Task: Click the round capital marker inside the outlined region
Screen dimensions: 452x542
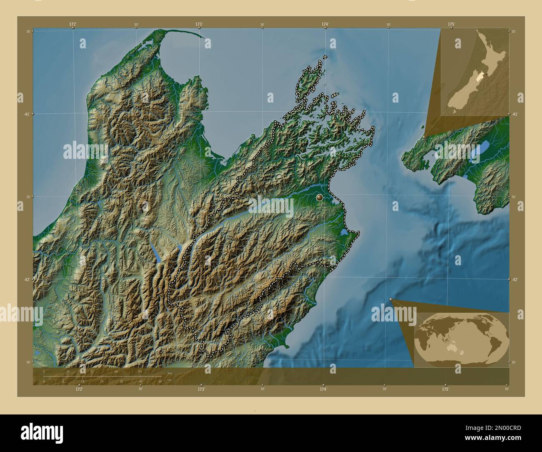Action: (x=320, y=197)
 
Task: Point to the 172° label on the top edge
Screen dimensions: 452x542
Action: (x=73, y=25)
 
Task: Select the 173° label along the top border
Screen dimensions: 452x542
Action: (x=199, y=25)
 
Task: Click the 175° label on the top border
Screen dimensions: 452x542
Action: (x=451, y=25)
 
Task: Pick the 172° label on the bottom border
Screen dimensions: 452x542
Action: (x=79, y=389)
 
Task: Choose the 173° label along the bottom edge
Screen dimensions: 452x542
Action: (x=201, y=389)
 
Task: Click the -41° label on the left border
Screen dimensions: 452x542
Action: (x=25, y=114)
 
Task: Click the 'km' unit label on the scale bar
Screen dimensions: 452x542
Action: (x=170, y=373)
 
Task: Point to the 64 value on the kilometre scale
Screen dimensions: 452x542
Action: (x=141, y=371)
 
